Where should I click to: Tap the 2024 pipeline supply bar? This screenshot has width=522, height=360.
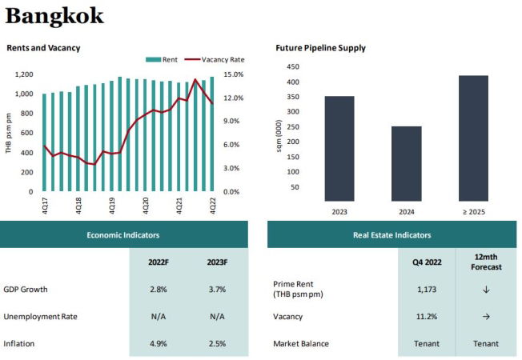click(407, 163)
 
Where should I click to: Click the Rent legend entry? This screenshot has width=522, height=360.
click(165, 59)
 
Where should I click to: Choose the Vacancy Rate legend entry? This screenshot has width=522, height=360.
click(215, 59)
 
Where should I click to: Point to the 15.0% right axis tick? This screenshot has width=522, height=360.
click(232, 74)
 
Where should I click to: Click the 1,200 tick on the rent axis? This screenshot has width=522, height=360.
click(23, 74)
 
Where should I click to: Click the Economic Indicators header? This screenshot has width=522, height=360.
click(123, 235)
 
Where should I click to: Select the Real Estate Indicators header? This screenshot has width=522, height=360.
click(391, 235)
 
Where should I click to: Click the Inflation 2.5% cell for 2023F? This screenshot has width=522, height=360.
click(216, 343)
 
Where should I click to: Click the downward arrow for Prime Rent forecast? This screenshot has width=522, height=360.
click(485, 289)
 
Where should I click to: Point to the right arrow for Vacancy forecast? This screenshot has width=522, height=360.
click(485, 316)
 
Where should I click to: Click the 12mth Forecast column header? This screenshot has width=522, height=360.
click(485, 262)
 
